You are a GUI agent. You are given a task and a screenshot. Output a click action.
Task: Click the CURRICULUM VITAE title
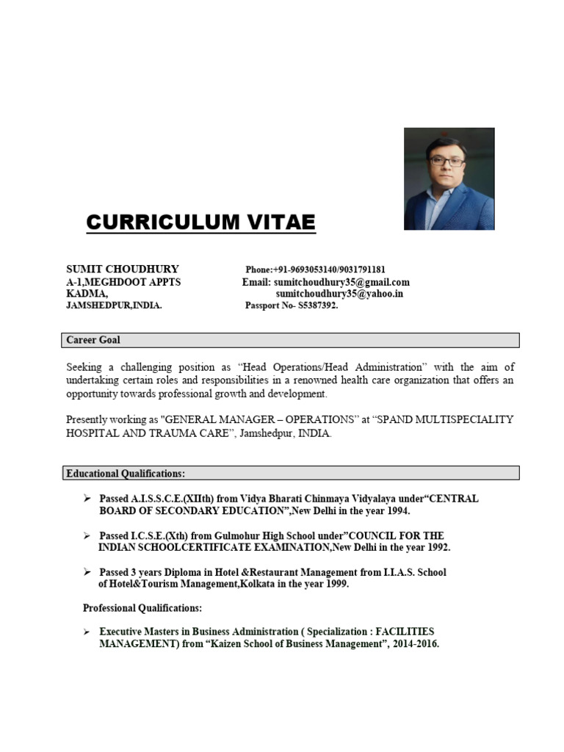tap(200, 221)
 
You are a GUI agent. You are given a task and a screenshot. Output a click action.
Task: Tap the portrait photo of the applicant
tap(449, 178)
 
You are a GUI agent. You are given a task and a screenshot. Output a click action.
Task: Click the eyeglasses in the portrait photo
tap(446, 160)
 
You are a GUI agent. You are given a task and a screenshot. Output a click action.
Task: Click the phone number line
tap(316, 270)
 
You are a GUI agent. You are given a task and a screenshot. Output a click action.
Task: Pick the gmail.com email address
tap(341, 282)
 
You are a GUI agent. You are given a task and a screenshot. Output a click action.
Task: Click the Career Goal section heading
tap(93, 340)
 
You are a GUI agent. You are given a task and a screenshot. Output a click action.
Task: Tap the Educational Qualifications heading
tap(126, 474)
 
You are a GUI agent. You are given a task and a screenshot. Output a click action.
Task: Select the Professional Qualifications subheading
tap(142, 608)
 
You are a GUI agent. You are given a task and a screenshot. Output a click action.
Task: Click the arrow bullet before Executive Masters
tap(87, 632)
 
